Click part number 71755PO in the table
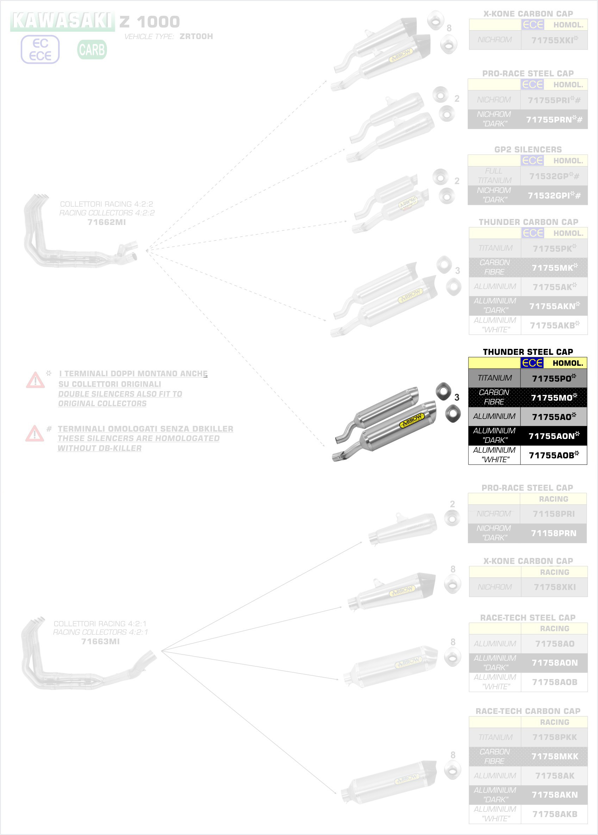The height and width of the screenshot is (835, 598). [553, 378]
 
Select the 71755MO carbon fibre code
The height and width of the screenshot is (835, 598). [553, 397]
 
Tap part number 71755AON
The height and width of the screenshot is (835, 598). [553, 436]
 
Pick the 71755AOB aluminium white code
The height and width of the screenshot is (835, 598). [553, 455]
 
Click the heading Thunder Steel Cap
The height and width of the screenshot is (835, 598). [528, 352]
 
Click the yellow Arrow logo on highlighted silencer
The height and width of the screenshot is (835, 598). [412, 420]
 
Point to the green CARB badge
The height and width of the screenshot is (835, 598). [92, 50]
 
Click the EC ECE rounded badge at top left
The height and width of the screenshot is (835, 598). [40, 50]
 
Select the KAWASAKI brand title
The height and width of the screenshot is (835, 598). [62, 21]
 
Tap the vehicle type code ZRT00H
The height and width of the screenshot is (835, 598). [196, 36]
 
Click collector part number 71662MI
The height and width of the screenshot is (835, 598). [107, 222]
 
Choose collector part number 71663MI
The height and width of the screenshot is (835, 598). [100, 641]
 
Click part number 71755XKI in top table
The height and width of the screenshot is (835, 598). [554, 40]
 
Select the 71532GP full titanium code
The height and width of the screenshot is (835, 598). [554, 176]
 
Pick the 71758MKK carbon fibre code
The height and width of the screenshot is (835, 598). [555, 756]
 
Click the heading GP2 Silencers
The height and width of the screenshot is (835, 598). [528, 149]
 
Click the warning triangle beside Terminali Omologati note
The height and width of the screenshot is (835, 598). [35, 433]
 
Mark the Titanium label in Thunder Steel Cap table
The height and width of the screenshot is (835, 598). [494, 378]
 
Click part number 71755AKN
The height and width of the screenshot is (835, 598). [554, 306]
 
